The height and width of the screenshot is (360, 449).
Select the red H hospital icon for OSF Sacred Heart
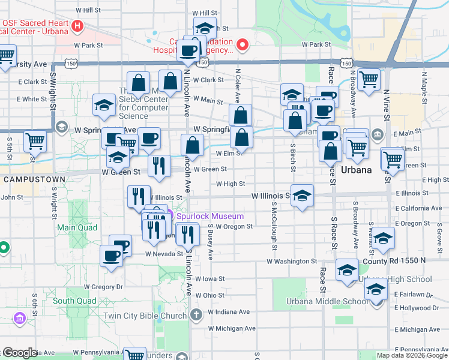pyautogui.click(x=77, y=26)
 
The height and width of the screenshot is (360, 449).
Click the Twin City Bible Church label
pyautogui.click(x=145, y=316)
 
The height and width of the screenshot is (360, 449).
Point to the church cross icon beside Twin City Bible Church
pyautogui.click(x=195, y=315)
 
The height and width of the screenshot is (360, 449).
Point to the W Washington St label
pyautogui.click(x=292, y=262)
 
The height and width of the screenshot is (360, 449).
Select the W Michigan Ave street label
pyautogui.click(x=232, y=328)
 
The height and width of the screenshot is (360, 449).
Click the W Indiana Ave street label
pyautogui.click(x=229, y=312)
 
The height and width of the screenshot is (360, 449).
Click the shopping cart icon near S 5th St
pyautogui.click(x=35, y=142)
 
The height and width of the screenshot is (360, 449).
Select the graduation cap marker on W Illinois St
pyautogui.click(x=303, y=195)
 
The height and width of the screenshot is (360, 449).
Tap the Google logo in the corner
pyautogui.click(x=19, y=353)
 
